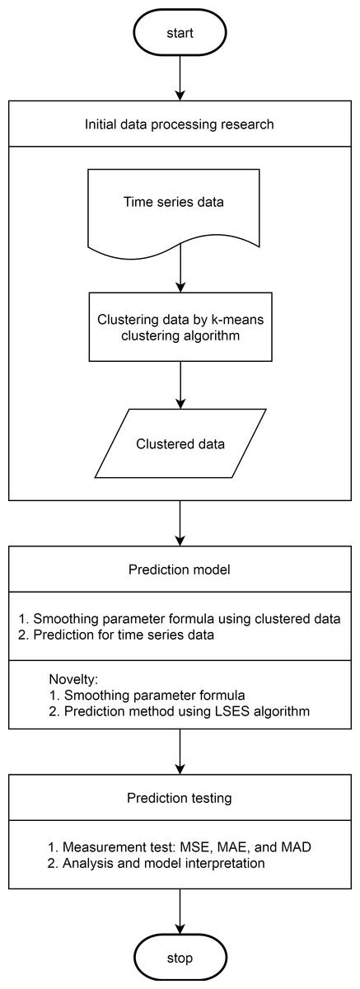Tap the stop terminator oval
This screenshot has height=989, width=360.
[x=179, y=958]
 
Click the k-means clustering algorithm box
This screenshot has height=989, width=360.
[x=180, y=326]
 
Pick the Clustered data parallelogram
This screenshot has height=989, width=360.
[x=180, y=443]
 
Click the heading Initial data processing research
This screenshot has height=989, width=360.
[x=180, y=124]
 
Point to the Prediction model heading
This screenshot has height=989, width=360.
[x=180, y=569]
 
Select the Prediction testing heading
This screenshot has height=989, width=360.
[x=180, y=798]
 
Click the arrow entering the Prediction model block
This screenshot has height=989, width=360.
[x=180, y=523]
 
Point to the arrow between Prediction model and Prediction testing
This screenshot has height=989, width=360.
[x=180, y=752]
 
